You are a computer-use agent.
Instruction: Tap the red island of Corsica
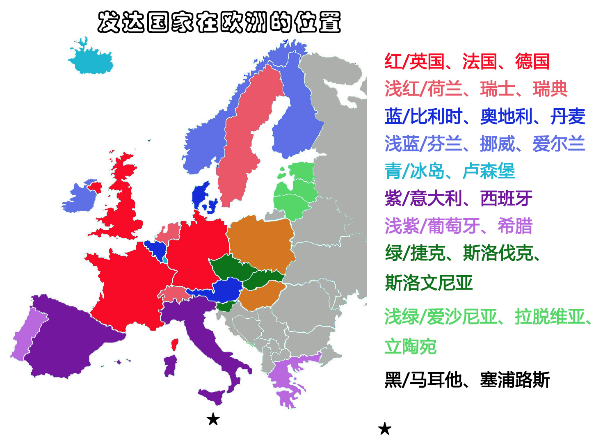[175, 345]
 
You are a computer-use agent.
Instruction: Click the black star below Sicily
[213, 419]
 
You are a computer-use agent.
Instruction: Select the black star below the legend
[384, 429]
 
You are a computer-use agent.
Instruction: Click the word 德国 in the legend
[532, 62]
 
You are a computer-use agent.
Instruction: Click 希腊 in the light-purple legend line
[515, 226]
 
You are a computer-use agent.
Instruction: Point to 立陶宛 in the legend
[410, 347]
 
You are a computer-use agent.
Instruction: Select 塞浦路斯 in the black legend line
[514, 380]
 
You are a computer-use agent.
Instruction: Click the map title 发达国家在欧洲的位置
[219, 22]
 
